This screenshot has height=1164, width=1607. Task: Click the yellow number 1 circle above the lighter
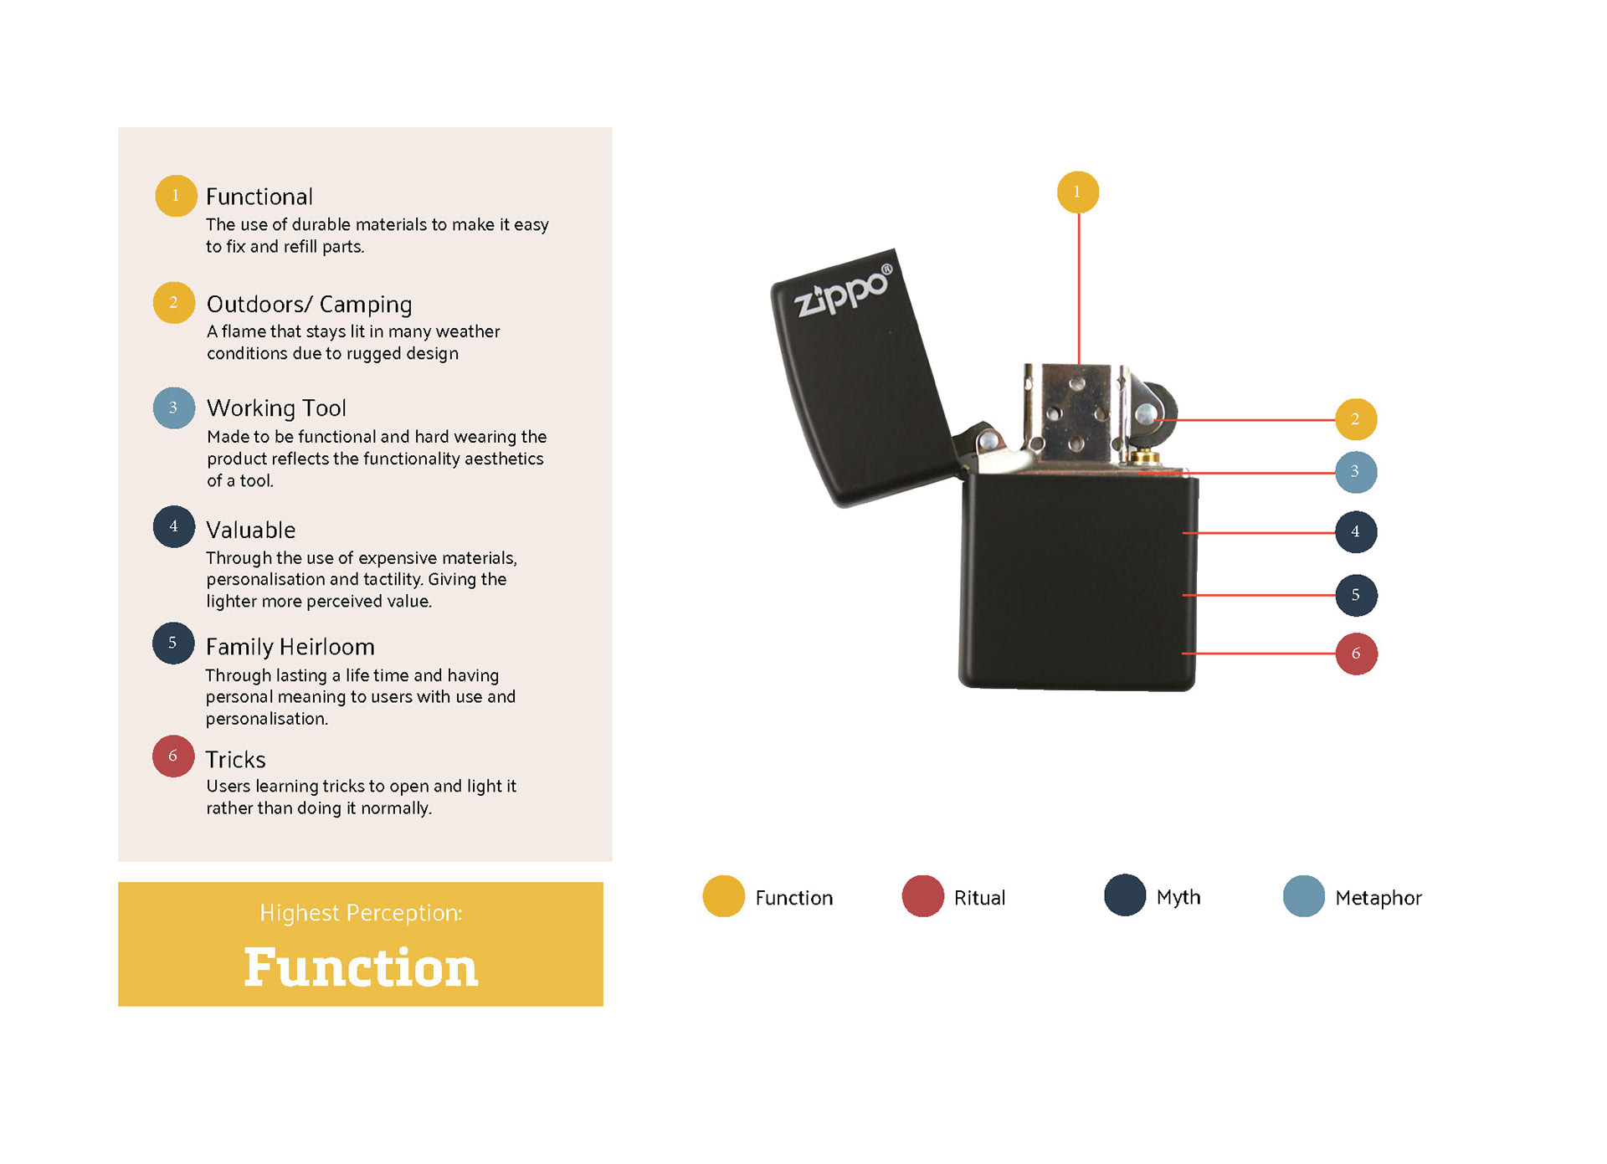pyautogui.click(x=1077, y=192)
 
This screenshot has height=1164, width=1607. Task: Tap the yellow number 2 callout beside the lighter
pyautogui.click(x=1355, y=419)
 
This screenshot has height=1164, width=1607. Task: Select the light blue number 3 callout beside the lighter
pyautogui.click(x=1355, y=472)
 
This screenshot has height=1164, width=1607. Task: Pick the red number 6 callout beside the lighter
pyautogui.click(x=1356, y=654)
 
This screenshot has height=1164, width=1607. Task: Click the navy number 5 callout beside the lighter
pyautogui.click(x=1356, y=595)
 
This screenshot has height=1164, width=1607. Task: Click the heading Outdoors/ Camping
pyautogui.click(x=309, y=304)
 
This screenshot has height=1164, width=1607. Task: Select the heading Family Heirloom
pyautogui.click(x=290, y=647)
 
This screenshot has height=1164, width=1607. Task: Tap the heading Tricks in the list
pyautogui.click(x=235, y=760)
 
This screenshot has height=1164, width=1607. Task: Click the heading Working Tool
pyautogui.click(x=276, y=408)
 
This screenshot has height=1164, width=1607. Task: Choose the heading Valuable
pyautogui.click(x=250, y=530)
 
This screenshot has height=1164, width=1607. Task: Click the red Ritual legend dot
pyautogui.click(x=922, y=896)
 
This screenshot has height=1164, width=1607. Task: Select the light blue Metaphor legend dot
pyautogui.click(x=1303, y=896)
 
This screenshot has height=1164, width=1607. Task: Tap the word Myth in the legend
pyautogui.click(x=1178, y=898)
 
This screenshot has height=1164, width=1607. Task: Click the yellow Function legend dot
pyautogui.click(x=723, y=896)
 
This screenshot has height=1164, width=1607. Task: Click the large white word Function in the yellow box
pyautogui.click(x=361, y=967)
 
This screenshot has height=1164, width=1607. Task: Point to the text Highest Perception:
pyautogui.click(x=361, y=913)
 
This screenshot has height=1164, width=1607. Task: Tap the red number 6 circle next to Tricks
pyautogui.click(x=173, y=756)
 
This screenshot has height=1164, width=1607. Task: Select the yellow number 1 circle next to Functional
pyautogui.click(x=176, y=196)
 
